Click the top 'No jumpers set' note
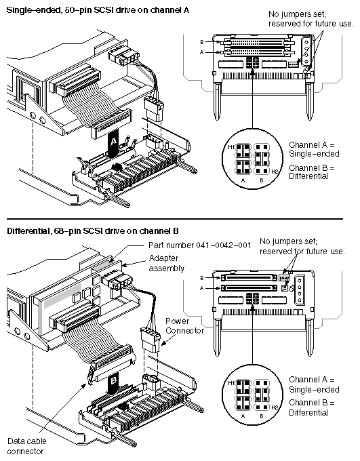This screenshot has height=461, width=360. click(300, 19)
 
